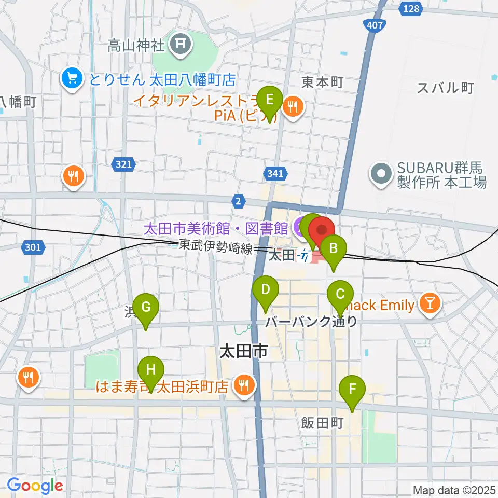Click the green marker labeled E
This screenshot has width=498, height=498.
[x=270, y=100]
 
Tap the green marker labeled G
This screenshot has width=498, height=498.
[x=146, y=308]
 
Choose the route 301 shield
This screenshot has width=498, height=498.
[x=33, y=247]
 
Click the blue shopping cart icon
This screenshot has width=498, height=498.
[x=72, y=79]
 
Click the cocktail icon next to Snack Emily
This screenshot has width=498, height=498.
[x=431, y=305]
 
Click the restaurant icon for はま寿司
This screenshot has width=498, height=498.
[x=243, y=386]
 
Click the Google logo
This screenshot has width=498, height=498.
[x=35, y=486]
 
